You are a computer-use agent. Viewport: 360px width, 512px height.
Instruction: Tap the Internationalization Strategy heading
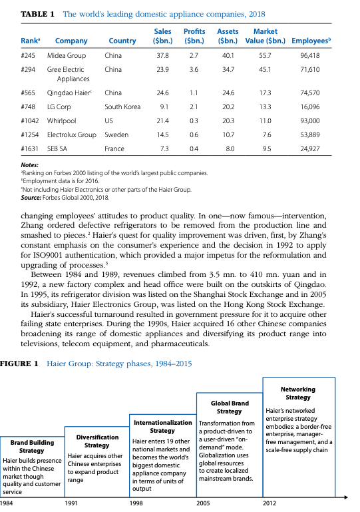pyautogui.click(x=163, y=427)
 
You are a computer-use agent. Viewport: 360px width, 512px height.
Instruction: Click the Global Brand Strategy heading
pyautogui.click(x=230, y=407)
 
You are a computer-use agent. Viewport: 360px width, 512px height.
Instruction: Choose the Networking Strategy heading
pyautogui.click(x=297, y=393)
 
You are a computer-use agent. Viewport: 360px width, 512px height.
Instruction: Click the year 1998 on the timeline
pyautogui.click(x=136, y=504)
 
